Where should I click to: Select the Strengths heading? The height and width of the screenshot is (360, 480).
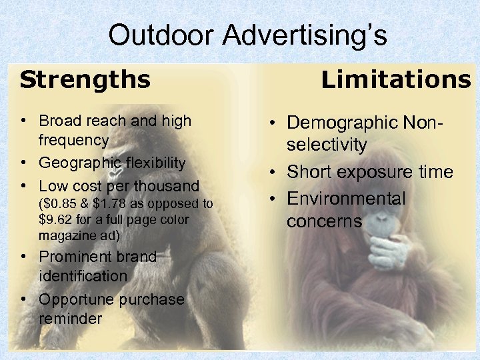(85, 80)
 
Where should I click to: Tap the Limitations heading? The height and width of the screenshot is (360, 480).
(396, 80)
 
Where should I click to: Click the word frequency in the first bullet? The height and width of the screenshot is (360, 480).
(73, 140)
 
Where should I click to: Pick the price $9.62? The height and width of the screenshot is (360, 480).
(56, 219)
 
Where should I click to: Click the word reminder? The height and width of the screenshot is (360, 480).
(71, 319)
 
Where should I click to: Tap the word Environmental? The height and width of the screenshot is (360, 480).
(346, 199)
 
